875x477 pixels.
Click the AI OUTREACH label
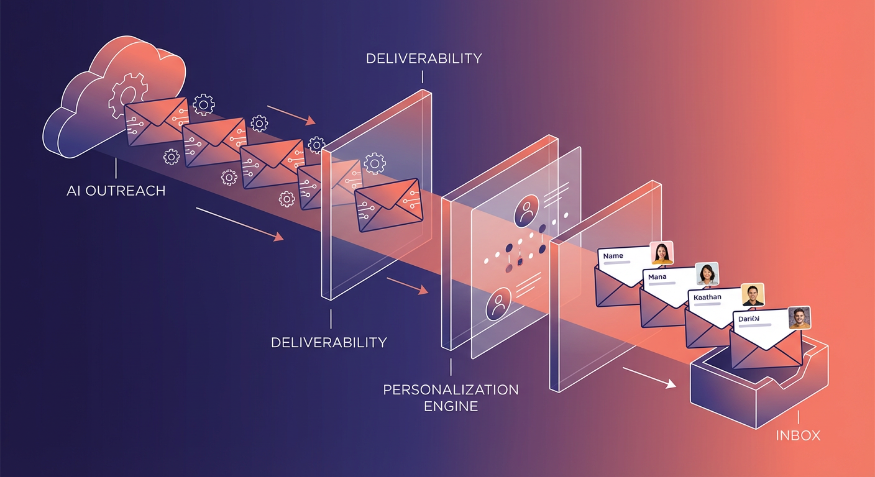pyautogui.click(x=116, y=190)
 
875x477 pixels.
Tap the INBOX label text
pyautogui.click(x=798, y=435)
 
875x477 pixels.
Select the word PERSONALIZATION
pyautogui.click(x=451, y=390)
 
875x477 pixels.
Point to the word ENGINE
pyautogui.click(x=451, y=406)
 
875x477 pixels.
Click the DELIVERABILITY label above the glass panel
pyautogui.click(x=424, y=58)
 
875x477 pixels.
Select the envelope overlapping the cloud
pyautogui.click(x=156, y=121)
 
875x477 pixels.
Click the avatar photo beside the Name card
pyautogui.click(x=662, y=253)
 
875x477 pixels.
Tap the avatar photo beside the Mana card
pyautogui.click(x=707, y=274)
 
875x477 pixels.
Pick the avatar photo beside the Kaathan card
pyautogui.click(x=753, y=295)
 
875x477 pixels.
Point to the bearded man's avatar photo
pyautogui.click(x=799, y=317)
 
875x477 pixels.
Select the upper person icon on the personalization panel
pyautogui.click(x=526, y=209)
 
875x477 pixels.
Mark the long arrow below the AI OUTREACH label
pyautogui.click(x=239, y=224)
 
